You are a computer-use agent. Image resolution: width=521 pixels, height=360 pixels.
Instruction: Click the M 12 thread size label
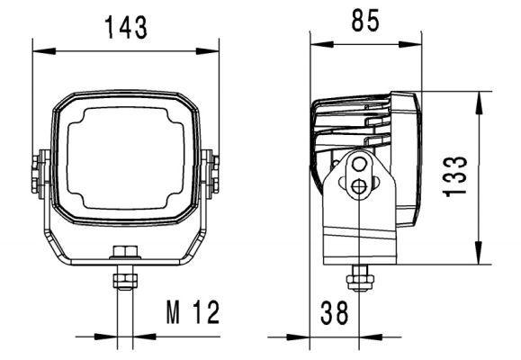click(192, 313)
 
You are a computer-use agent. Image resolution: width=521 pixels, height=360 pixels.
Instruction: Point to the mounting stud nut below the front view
click(121, 280)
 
